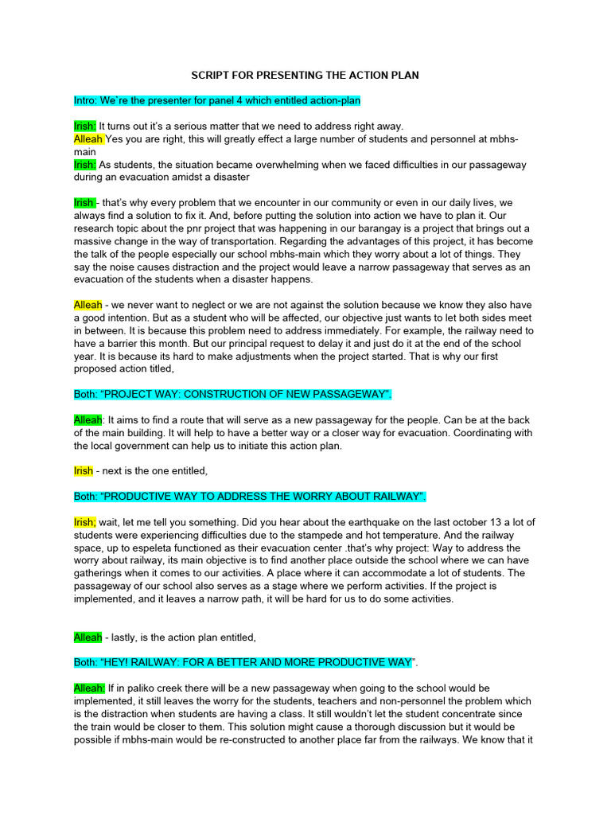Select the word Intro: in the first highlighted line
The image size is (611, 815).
tap(88, 101)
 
